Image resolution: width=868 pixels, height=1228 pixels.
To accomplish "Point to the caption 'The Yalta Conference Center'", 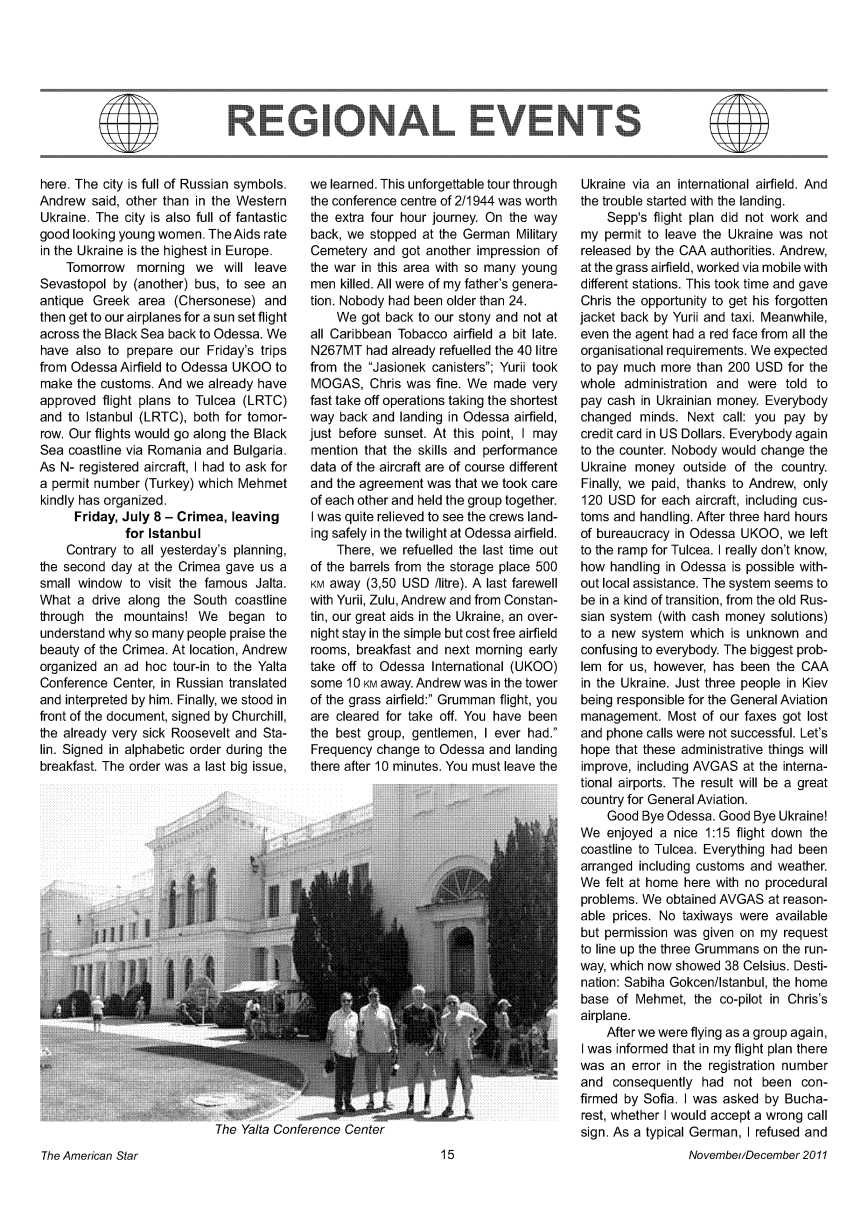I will tap(285, 1131).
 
